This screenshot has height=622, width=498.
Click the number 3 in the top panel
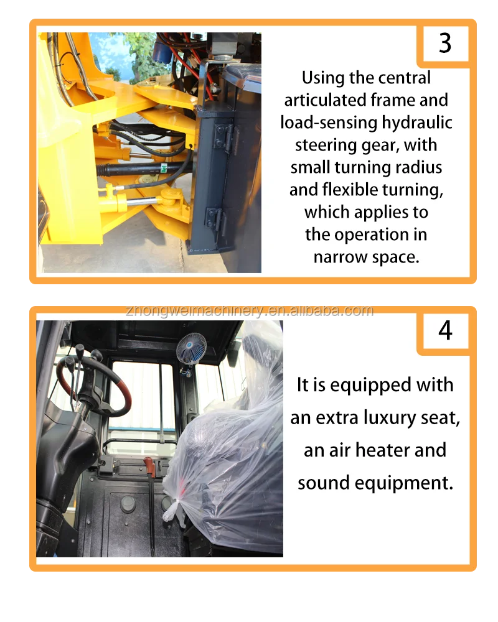pos(445,43)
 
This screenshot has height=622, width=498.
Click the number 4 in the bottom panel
pos(445,330)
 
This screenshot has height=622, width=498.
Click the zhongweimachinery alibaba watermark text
pos(250,310)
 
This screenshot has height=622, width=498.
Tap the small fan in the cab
pos(191,348)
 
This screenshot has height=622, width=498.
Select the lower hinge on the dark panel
pos(215,221)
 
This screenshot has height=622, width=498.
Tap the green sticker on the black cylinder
pos(164,168)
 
